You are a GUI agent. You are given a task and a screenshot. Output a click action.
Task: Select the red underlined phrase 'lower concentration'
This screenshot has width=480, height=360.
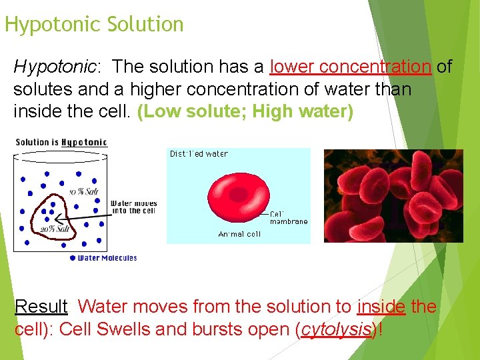351,67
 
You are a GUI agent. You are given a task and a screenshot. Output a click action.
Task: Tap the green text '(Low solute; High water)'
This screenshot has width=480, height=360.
245,111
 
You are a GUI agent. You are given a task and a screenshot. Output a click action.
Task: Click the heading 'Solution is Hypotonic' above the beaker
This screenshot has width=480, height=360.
61,142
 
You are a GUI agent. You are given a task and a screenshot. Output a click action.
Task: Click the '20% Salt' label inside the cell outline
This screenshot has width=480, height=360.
55,229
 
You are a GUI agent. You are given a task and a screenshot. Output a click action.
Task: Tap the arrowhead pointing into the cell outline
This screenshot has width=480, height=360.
58,217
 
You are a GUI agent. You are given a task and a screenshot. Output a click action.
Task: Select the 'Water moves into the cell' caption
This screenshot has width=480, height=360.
133,207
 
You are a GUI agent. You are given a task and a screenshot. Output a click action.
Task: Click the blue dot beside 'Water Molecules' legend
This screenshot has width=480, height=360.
73,258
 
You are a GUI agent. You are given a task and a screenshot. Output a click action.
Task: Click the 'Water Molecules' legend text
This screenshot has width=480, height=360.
107,258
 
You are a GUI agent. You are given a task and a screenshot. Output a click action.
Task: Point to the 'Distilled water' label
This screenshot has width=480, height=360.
199,154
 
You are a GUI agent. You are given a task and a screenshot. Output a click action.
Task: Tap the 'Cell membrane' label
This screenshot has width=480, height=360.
289,218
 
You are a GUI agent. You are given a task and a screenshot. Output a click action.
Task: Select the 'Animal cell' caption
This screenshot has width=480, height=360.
239,234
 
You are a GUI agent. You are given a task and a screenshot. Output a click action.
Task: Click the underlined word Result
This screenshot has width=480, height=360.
41,307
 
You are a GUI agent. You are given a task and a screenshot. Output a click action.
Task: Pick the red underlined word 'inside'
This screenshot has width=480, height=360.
381,307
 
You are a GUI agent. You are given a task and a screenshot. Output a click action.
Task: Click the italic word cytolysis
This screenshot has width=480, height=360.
335,330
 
